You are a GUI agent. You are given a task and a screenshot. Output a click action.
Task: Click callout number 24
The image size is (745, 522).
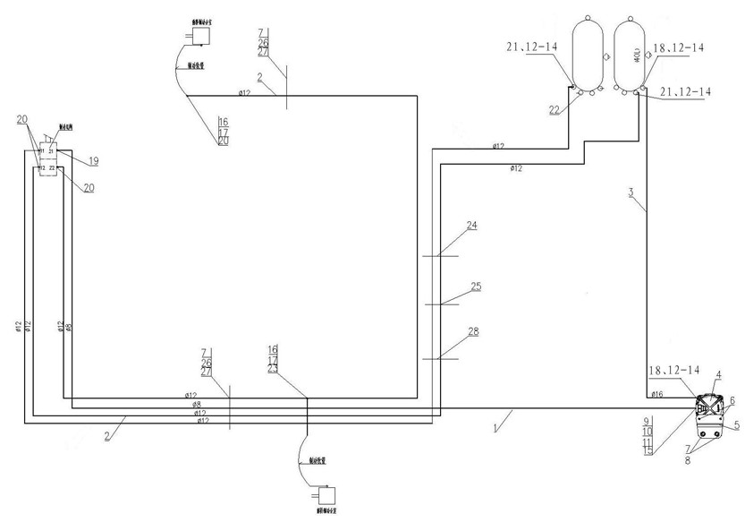coord(470,226)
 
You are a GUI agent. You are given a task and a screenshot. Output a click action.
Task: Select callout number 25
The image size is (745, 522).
coord(476,287)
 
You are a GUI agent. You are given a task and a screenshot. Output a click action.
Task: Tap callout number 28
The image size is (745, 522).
coord(472,332)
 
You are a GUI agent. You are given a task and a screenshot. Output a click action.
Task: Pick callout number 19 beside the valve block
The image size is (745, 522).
coord(92,161)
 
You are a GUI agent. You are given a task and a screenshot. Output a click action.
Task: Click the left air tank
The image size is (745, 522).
coord(587,52)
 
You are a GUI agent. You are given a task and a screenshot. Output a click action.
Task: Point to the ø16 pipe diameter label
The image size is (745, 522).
coord(656,394)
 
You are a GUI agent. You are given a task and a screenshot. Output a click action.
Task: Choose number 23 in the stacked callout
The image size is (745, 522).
coord(273,369)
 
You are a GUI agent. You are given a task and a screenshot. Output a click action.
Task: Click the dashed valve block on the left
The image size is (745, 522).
coord(47,158)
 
